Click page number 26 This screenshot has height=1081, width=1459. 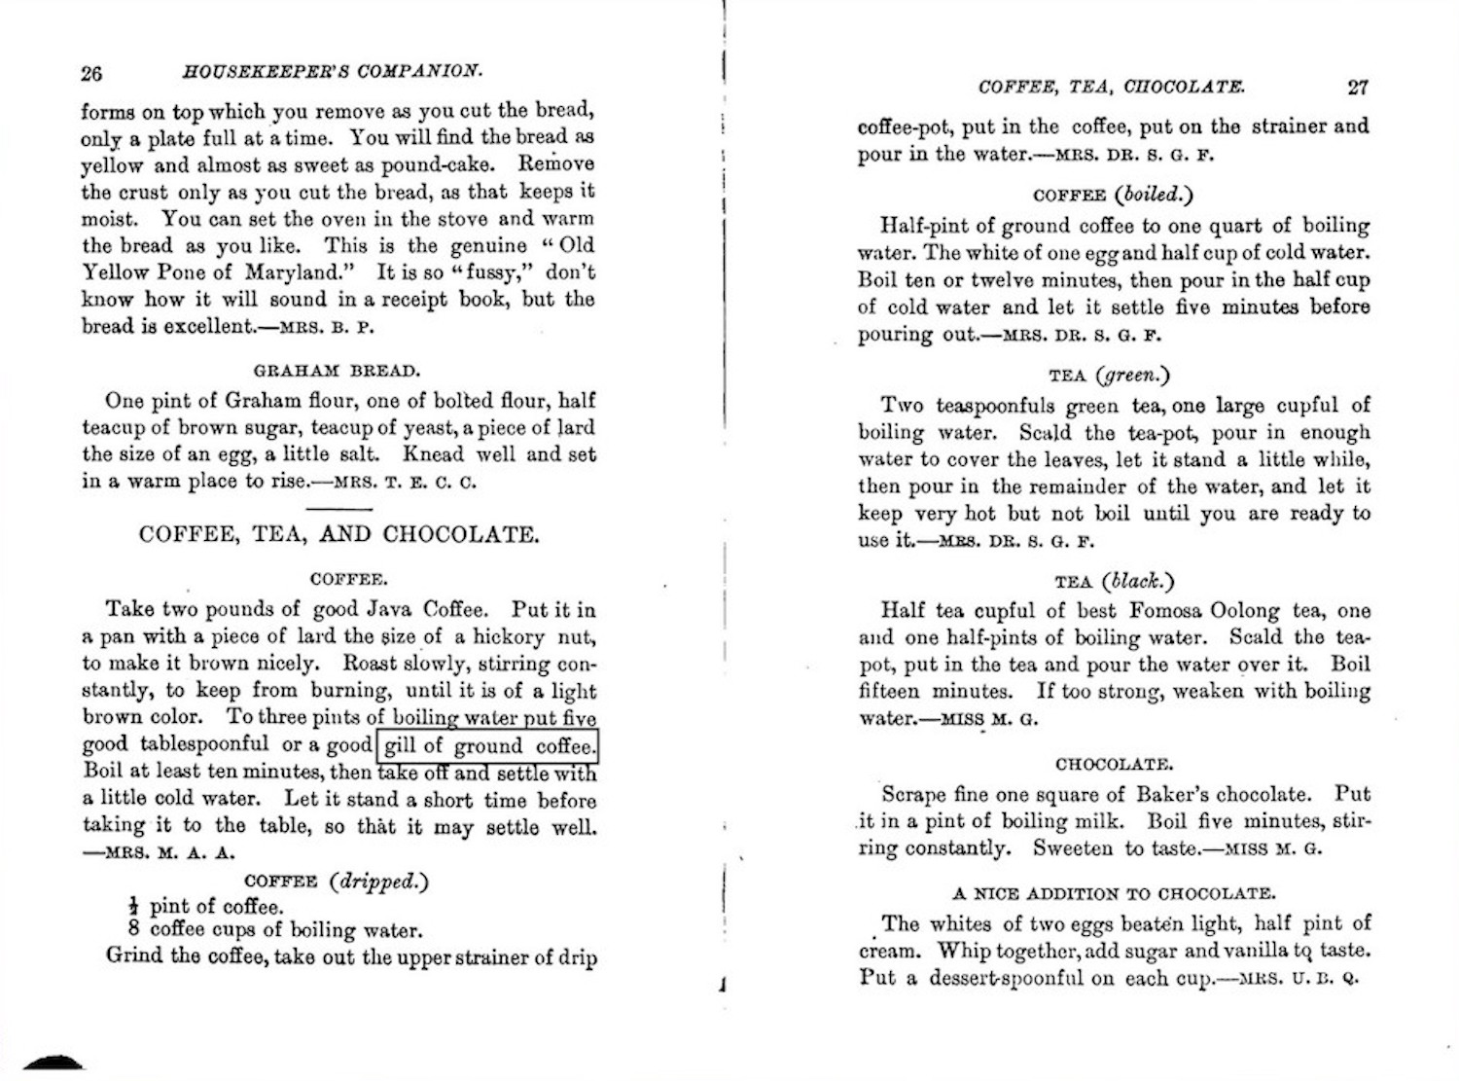92,73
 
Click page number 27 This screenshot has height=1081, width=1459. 1358,87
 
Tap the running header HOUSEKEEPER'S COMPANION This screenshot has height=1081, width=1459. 333,72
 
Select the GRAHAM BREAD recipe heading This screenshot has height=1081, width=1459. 338,371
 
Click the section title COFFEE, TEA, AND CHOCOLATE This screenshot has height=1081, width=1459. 338,534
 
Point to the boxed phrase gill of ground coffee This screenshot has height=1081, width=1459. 487,746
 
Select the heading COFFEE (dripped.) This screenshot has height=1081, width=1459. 336,882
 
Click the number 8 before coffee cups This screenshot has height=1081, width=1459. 134,928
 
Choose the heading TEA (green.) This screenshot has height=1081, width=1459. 1110,376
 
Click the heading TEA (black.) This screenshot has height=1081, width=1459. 1114,582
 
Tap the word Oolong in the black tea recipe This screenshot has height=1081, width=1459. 1245,611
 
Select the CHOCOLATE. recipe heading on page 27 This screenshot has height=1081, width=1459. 1114,764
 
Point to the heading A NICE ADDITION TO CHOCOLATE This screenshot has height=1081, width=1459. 1114,893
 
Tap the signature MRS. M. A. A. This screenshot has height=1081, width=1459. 160,853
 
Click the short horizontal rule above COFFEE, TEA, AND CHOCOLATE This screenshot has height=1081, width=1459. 338,509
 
